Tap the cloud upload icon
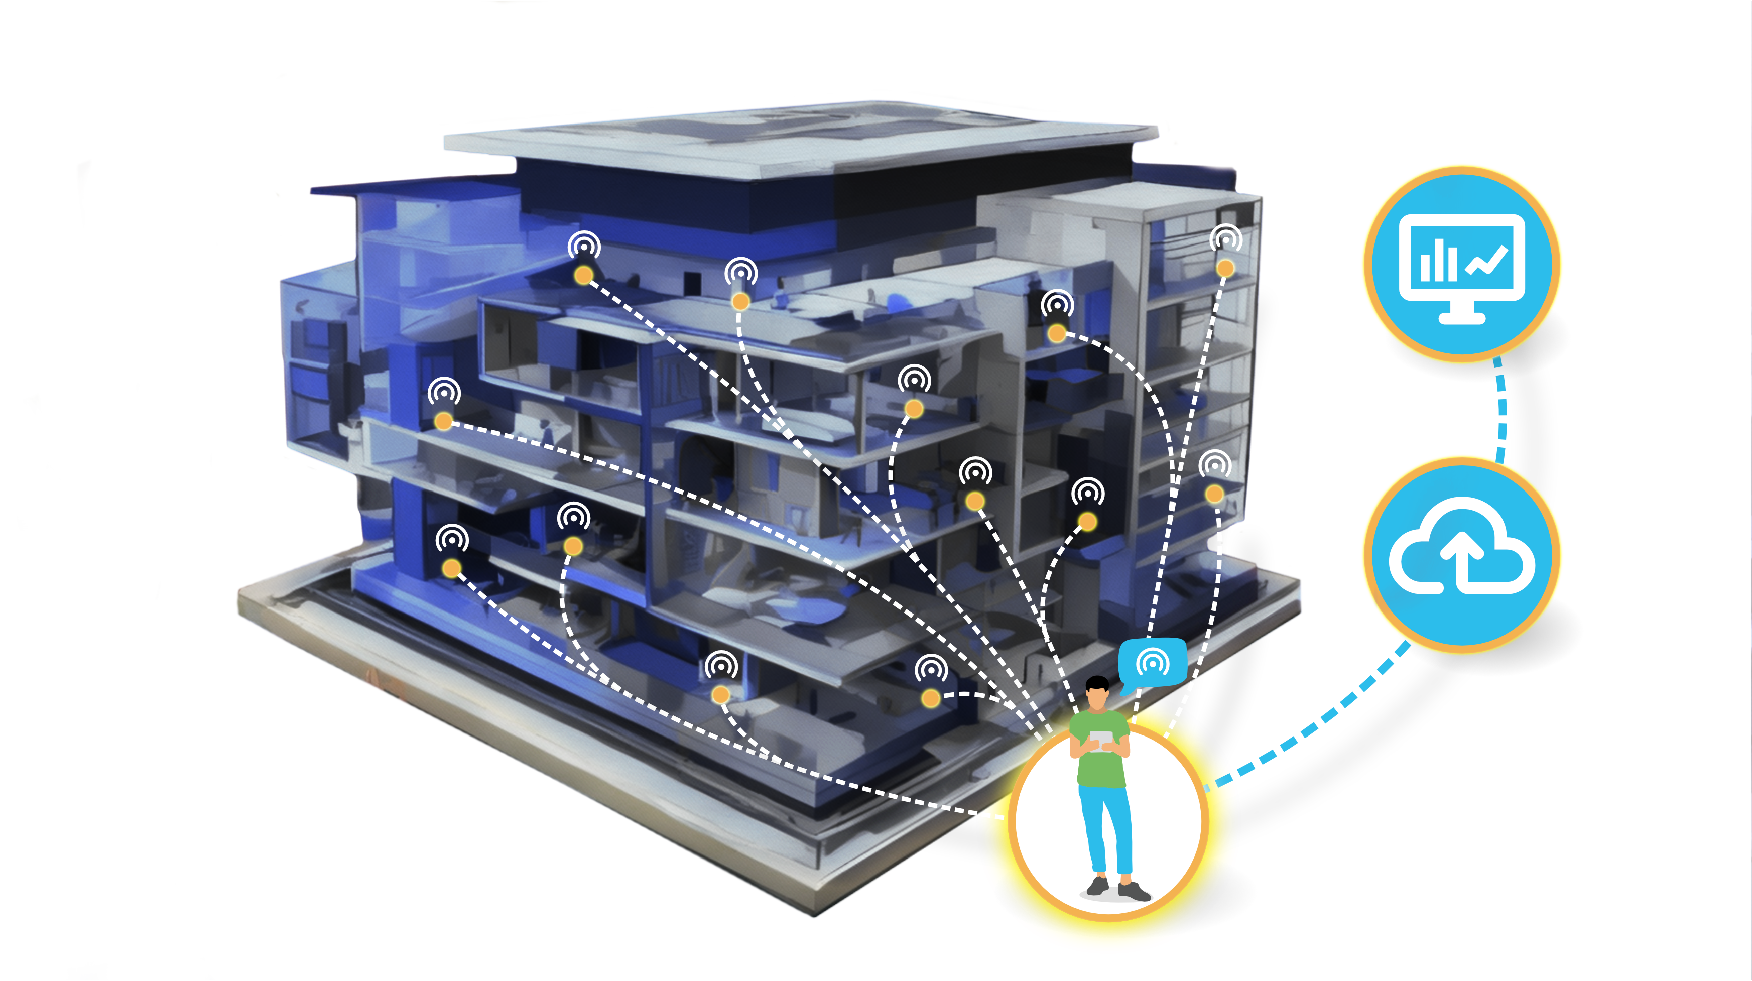pyautogui.click(x=1461, y=554)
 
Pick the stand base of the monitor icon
pyautogui.click(x=1461, y=317)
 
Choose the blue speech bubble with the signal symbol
pyautogui.click(x=1153, y=661)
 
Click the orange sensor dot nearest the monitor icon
pyautogui.click(x=1225, y=268)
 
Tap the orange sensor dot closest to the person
pyautogui.click(x=930, y=697)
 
